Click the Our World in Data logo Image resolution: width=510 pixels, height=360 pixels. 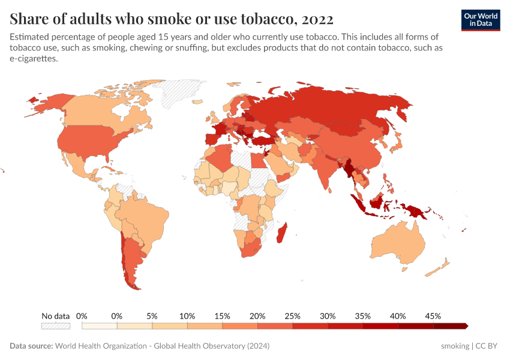[x=481, y=20]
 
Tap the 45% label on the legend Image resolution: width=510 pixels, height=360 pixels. [x=433, y=316]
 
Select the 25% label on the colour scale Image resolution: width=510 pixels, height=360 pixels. [x=292, y=316]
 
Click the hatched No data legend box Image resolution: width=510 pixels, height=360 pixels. [x=55, y=326]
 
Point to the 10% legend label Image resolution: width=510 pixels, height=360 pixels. [x=187, y=316]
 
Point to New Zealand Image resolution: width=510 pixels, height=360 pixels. [x=443, y=265]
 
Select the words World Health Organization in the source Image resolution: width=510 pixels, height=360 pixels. [x=106, y=346]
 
